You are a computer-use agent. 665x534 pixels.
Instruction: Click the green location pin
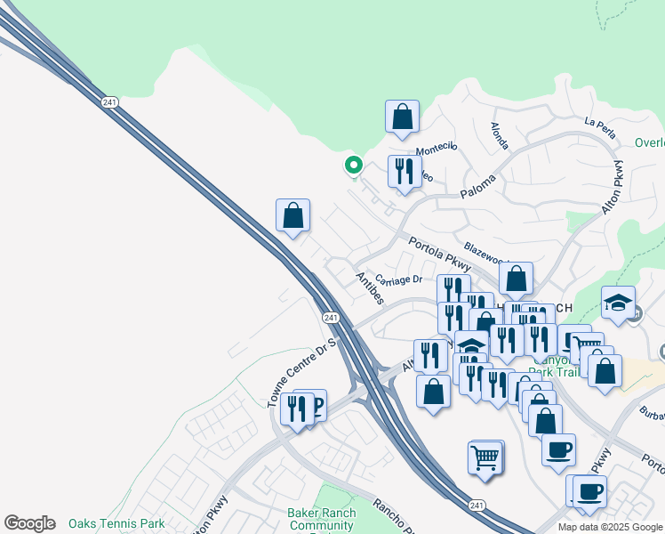coord(353,165)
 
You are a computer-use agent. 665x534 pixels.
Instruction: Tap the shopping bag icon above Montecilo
coord(402,117)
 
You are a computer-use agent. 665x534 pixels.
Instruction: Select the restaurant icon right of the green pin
coord(405,172)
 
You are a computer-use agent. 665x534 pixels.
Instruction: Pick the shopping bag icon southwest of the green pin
coord(292,215)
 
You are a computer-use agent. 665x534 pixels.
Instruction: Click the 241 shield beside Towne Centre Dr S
coord(330,318)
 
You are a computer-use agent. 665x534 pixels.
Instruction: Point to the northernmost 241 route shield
coord(110,102)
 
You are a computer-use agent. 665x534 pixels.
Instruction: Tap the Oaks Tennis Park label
coord(117,523)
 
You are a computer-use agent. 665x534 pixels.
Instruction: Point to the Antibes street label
coord(369,288)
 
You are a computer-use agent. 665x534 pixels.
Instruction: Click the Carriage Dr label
coord(398,279)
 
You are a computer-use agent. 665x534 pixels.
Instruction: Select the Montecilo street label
coord(437,148)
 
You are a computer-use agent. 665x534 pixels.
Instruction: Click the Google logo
coord(29,523)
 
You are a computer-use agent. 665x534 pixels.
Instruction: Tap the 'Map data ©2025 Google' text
coord(610,527)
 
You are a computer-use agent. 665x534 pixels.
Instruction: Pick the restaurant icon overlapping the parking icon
coord(296,409)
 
